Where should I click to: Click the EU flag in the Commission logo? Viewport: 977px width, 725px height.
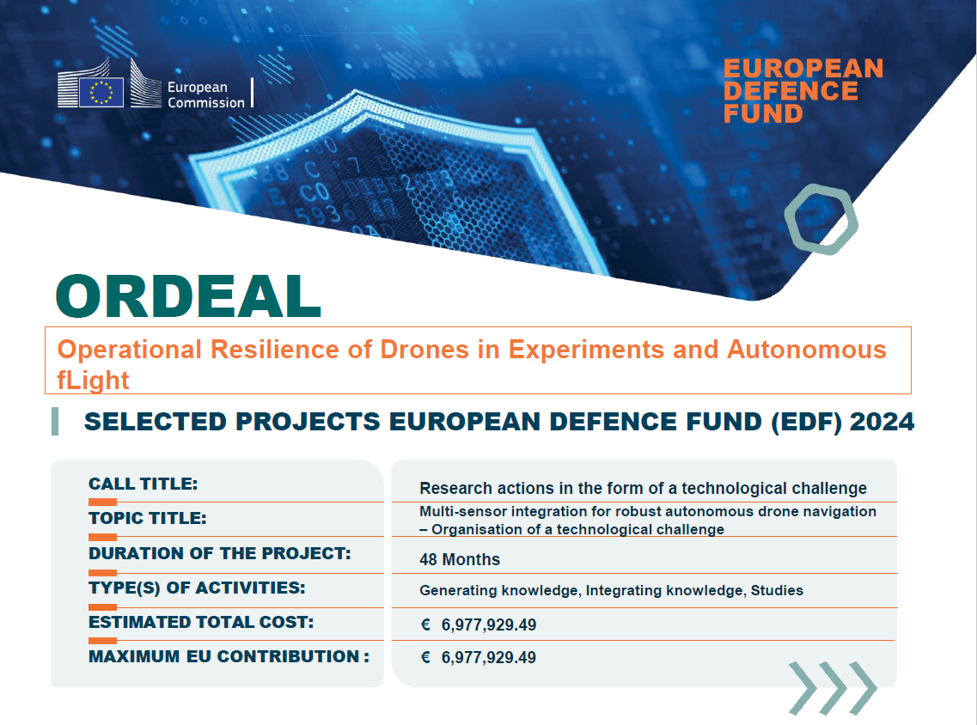point(101,92)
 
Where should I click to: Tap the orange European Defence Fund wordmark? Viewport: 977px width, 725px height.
point(803,91)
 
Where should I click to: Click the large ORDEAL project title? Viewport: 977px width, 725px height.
point(188,295)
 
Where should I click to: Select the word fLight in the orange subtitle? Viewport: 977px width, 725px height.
point(93,379)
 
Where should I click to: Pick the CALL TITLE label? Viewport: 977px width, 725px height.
point(143,484)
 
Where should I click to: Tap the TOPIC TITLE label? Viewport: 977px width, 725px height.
point(148,518)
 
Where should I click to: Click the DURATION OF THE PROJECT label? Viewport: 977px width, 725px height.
point(220,553)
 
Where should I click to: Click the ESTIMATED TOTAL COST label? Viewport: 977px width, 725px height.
point(201,622)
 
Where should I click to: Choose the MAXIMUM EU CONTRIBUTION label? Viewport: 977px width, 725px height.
point(229,656)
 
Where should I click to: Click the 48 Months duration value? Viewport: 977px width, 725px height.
point(460,559)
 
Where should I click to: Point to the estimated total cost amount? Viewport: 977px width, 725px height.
point(488,624)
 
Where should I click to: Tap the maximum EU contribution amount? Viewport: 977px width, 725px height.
point(488,658)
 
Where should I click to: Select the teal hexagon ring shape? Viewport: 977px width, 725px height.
point(821,218)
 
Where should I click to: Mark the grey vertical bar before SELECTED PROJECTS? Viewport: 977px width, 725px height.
point(56,421)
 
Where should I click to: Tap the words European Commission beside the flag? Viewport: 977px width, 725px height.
point(205,94)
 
